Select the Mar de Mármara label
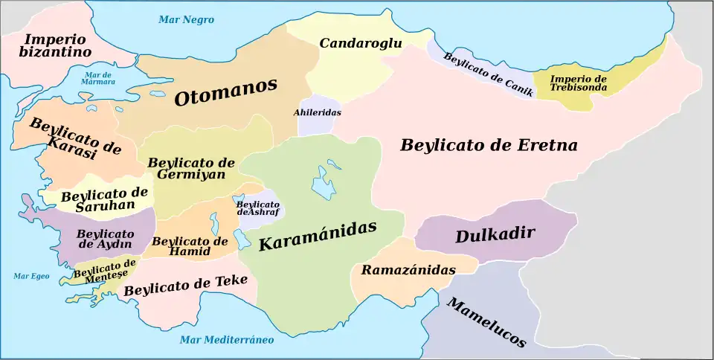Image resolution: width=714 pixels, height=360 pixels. tap(99, 78)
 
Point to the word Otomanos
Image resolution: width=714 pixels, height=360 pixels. tap(225, 93)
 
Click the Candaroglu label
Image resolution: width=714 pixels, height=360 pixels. tap(361, 43)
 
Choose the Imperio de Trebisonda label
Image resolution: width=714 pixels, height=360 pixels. tap(579, 83)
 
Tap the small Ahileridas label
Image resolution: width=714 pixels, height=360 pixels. tap(317, 112)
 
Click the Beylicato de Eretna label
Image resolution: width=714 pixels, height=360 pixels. tap(489, 145)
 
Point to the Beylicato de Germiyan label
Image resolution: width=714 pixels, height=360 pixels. tap(191, 168)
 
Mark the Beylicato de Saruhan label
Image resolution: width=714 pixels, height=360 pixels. tap(103, 199)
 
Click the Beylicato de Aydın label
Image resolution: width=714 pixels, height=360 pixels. tap(105, 239)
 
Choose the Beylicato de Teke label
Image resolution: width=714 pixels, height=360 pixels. tap(185, 285)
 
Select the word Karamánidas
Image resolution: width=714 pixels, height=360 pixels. tap(318, 235)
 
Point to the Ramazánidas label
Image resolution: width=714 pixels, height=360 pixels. tap(408, 270)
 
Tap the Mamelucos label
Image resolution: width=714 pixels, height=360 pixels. tap(486, 322)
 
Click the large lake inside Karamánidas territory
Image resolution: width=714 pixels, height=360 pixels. tap(324, 182)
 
